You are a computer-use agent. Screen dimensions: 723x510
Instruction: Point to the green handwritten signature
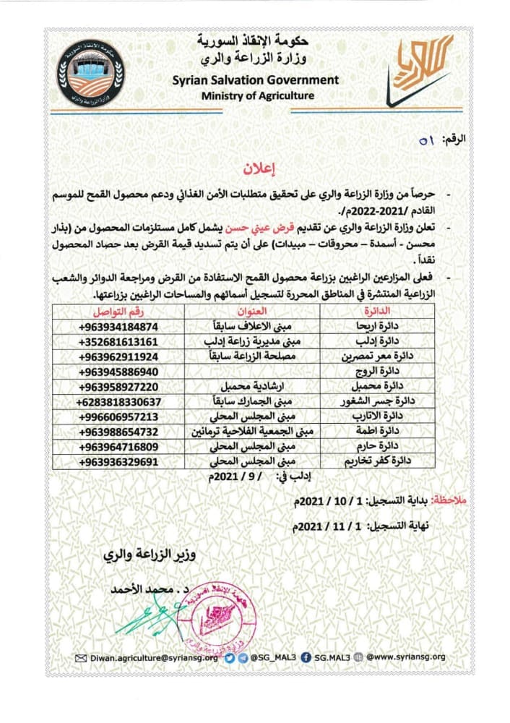(152, 615)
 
